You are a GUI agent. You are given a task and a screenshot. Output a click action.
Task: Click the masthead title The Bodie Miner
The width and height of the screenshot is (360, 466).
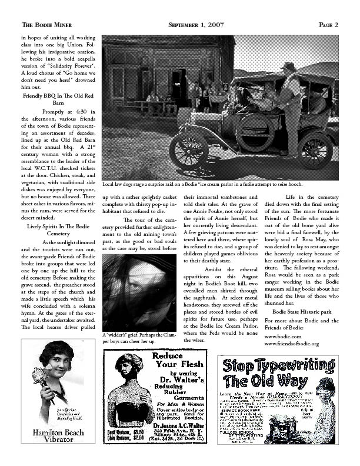(x=46, y=25)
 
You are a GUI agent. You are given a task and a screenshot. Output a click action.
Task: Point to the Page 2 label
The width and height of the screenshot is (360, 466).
(x=328, y=25)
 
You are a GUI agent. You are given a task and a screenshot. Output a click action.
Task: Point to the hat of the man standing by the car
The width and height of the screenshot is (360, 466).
(x=288, y=66)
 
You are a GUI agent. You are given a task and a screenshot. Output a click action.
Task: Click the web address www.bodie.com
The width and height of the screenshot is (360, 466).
(x=282, y=335)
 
